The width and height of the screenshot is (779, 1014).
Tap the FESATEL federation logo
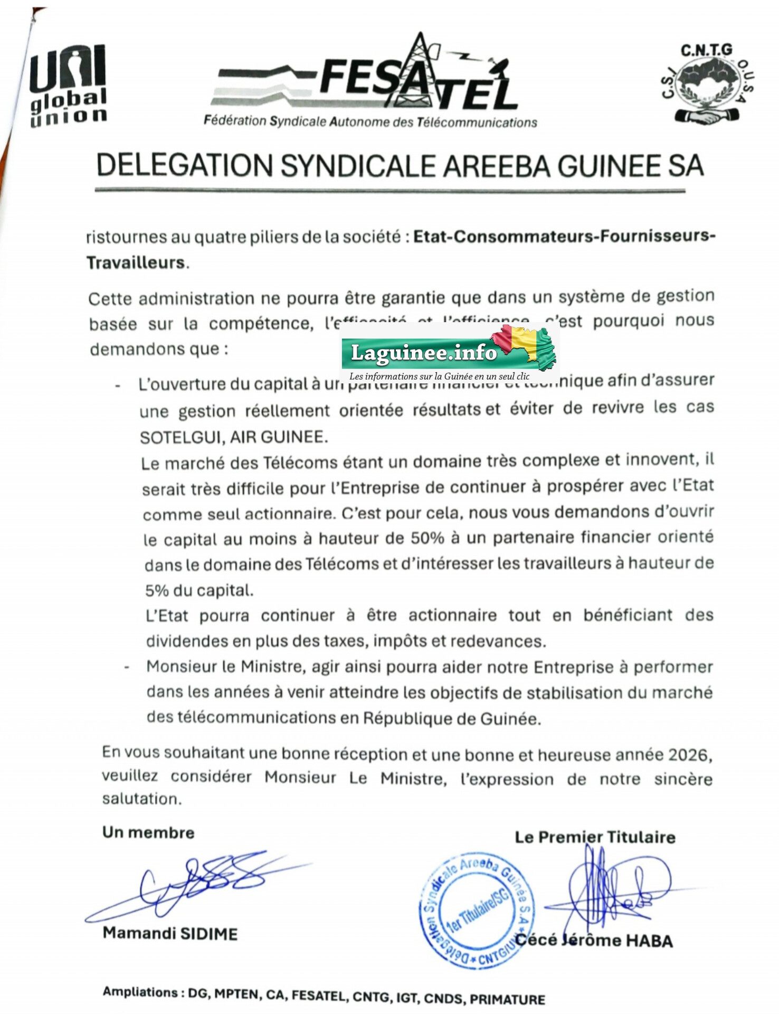point(369,84)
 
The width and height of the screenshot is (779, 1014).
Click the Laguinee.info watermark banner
point(450,353)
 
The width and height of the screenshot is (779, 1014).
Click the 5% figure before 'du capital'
point(157,590)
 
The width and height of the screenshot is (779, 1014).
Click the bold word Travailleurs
point(136,262)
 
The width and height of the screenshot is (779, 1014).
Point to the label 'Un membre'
point(148,833)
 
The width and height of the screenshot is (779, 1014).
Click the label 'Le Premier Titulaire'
point(595,837)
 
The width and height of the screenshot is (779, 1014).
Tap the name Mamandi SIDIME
point(170,933)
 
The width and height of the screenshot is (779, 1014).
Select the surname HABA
point(649,941)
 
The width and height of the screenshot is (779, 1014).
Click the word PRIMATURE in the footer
point(507,999)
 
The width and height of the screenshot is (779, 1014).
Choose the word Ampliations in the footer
point(140,992)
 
